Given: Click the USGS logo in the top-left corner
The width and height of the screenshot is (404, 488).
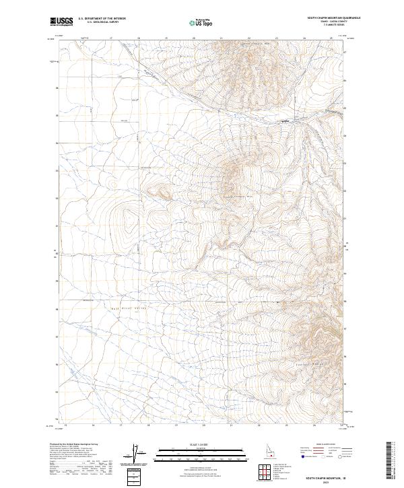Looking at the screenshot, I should point(61,22).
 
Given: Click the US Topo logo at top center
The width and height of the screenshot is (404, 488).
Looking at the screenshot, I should point(201,22).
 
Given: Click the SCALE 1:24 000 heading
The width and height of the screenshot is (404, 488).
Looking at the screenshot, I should point(201,445).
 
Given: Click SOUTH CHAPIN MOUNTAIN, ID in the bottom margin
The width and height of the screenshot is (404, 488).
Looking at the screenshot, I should point(326,475).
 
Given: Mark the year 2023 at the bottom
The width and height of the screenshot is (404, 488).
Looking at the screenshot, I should point(326,480).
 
